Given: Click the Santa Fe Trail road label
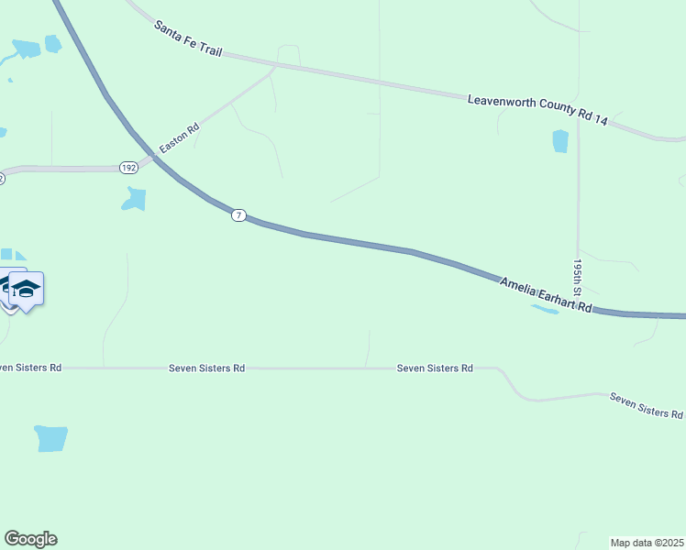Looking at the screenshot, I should point(188,39).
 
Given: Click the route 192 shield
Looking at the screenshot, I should point(127,168).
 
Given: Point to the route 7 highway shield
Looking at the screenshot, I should point(238,215).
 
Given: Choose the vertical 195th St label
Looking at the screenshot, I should point(578,274).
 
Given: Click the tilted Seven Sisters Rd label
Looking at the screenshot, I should point(646,405).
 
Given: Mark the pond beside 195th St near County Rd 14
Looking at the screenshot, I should point(560,140).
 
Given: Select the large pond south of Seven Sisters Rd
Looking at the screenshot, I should point(51,438).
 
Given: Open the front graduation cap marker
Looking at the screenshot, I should point(27,289).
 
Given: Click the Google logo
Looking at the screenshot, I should point(30,539).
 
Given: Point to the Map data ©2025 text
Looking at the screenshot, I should point(647,542).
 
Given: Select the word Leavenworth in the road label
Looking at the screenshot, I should point(503,101).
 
